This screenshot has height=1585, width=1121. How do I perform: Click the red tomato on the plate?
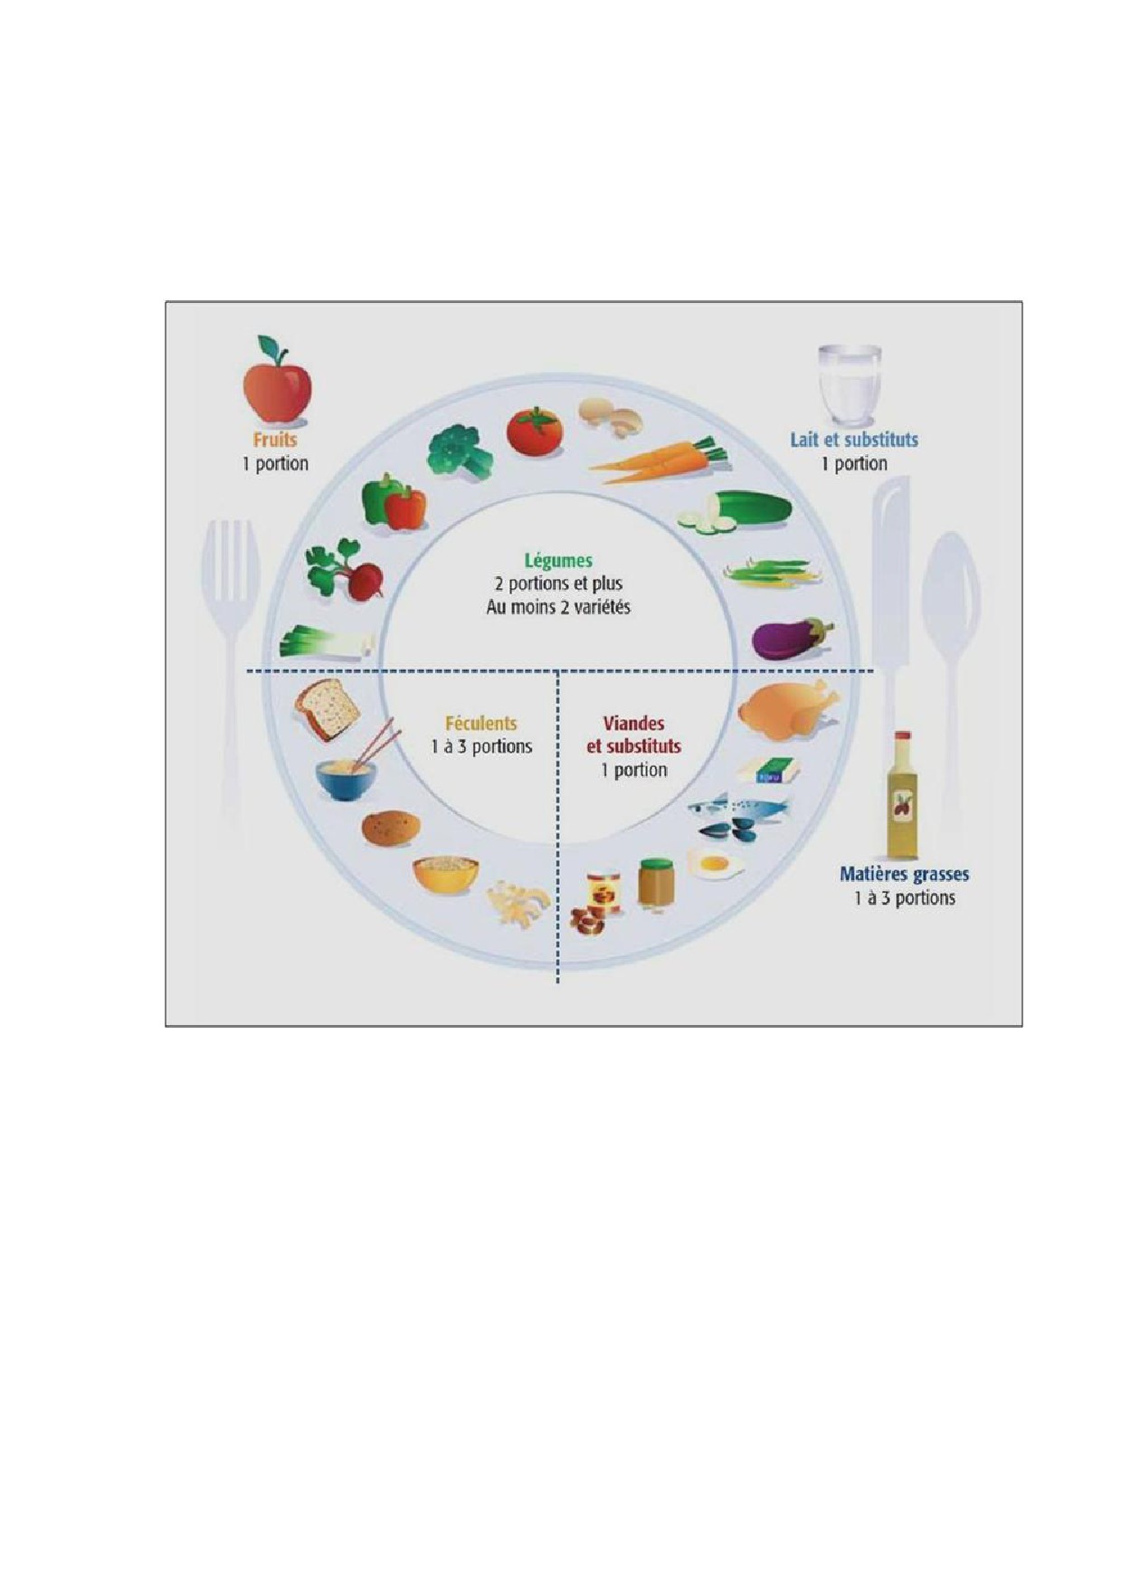tap(534, 431)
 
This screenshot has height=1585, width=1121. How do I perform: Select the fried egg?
tap(715, 864)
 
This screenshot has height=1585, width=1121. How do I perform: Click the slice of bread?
tap(328, 709)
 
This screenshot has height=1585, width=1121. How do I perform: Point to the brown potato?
tap(392, 827)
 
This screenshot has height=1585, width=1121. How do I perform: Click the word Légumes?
tap(558, 560)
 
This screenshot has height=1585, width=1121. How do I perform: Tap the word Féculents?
tap(481, 724)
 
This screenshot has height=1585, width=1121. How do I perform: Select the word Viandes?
tap(633, 724)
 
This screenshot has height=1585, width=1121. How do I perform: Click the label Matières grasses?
tap(904, 874)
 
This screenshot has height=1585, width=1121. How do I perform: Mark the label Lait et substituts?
tap(854, 440)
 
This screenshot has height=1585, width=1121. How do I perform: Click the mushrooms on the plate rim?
tap(610, 417)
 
